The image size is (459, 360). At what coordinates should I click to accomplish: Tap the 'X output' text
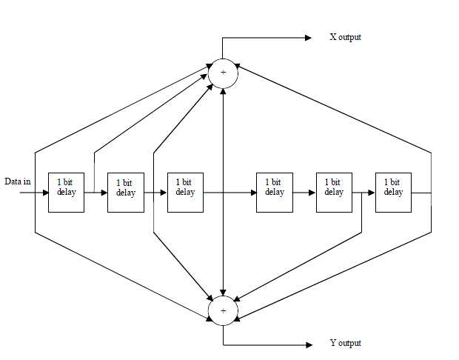tap(345, 37)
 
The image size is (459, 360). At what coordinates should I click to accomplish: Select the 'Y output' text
tap(345, 344)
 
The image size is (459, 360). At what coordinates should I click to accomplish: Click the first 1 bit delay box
tap(67, 193)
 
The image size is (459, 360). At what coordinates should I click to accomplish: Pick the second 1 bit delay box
tap(125, 193)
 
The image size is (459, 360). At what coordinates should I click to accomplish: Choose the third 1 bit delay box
tap(185, 193)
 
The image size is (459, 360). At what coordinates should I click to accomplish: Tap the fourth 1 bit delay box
tap(274, 193)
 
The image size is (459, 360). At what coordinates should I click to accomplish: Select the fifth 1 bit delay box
tap(333, 193)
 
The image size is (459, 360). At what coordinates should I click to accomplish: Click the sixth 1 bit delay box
tap(393, 193)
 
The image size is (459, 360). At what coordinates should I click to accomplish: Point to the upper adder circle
tap(224, 73)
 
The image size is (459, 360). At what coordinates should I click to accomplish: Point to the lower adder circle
tap(224, 311)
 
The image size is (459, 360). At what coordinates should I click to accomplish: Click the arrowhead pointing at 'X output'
tap(307, 38)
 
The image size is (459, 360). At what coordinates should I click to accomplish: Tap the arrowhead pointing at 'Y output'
tap(307, 344)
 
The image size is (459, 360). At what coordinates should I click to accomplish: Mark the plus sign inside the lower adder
tap(224, 311)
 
